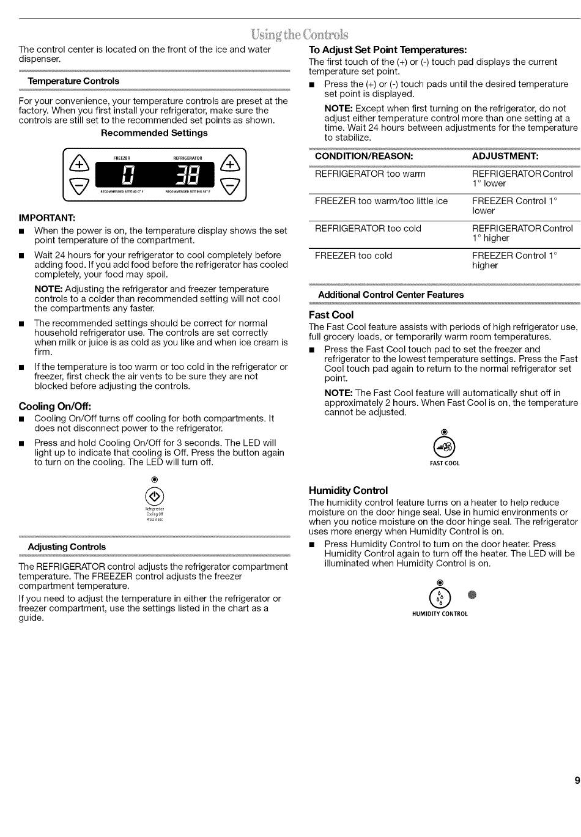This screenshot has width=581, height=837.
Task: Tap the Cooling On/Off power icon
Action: pyautogui.click(x=155, y=496)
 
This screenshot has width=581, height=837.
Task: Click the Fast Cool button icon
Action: pyautogui.click(x=445, y=448)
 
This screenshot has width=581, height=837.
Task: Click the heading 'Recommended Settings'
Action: pyautogui.click(x=154, y=133)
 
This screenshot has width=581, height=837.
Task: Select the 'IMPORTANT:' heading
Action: pyautogui.click(x=47, y=218)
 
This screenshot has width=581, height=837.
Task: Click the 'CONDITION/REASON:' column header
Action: pyautogui.click(x=364, y=156)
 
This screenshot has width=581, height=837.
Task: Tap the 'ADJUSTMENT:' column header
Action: pyautogui.click(x=505, y=156)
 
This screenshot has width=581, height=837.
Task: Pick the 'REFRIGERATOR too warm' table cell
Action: pyautogui.click(x=370, y=174)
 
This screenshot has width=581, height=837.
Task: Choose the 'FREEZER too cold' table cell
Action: pyautogui.click(x=353, y=256)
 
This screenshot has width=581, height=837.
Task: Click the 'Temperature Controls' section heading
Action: pyautogui.click(x=73, y=81)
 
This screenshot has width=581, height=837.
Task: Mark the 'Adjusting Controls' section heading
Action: pyautogui.click(x=67, y=547)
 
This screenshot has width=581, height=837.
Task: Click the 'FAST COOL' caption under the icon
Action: pyautogui.click(x=445, y=463)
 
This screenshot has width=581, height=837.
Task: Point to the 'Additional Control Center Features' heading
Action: pyautogui.click(x=391, y=295)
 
